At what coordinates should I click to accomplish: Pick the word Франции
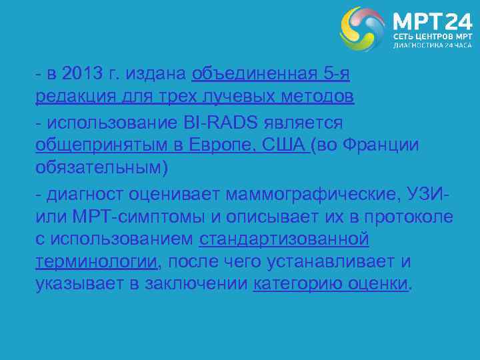tap(379, 145)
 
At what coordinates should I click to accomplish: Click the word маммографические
tap(313, 194)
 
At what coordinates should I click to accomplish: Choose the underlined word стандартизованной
tap(284, 239)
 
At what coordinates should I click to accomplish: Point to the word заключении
tap(193, 283)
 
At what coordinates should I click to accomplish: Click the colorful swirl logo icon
tap(363, 29)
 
